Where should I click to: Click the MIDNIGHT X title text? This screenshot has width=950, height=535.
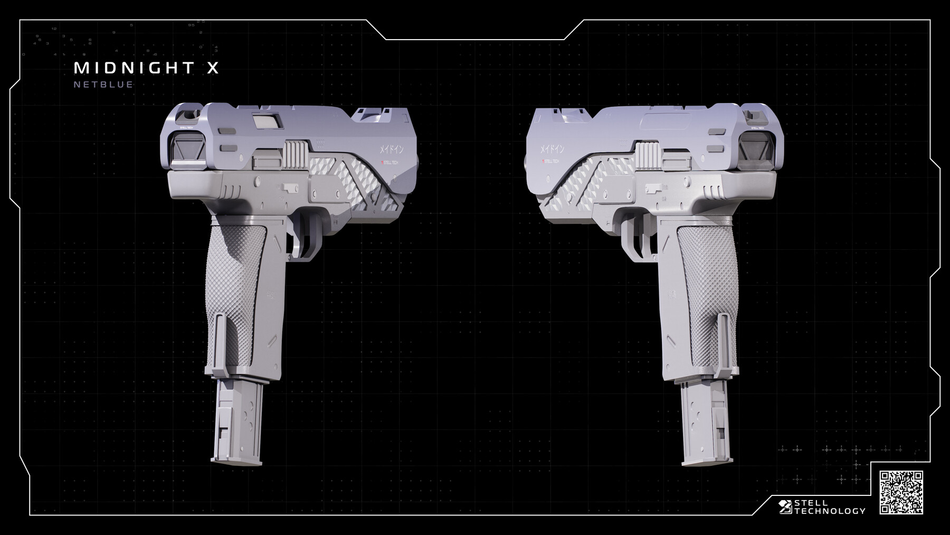[146, 68]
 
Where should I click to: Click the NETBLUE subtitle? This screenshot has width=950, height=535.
[103, 85]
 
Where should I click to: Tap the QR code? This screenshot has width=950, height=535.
[901, 492]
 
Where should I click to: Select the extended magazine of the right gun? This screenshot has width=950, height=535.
[706, 423]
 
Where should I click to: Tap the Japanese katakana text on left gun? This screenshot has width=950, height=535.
[391, 149]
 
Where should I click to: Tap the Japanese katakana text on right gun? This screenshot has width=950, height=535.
[552, 149]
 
